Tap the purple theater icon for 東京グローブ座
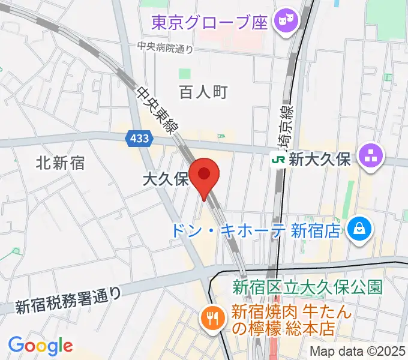[284, 23]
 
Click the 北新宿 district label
[60, 162]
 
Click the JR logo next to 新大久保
[278, 160]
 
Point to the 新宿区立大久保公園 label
[307, 287]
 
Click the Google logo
[40, 346]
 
